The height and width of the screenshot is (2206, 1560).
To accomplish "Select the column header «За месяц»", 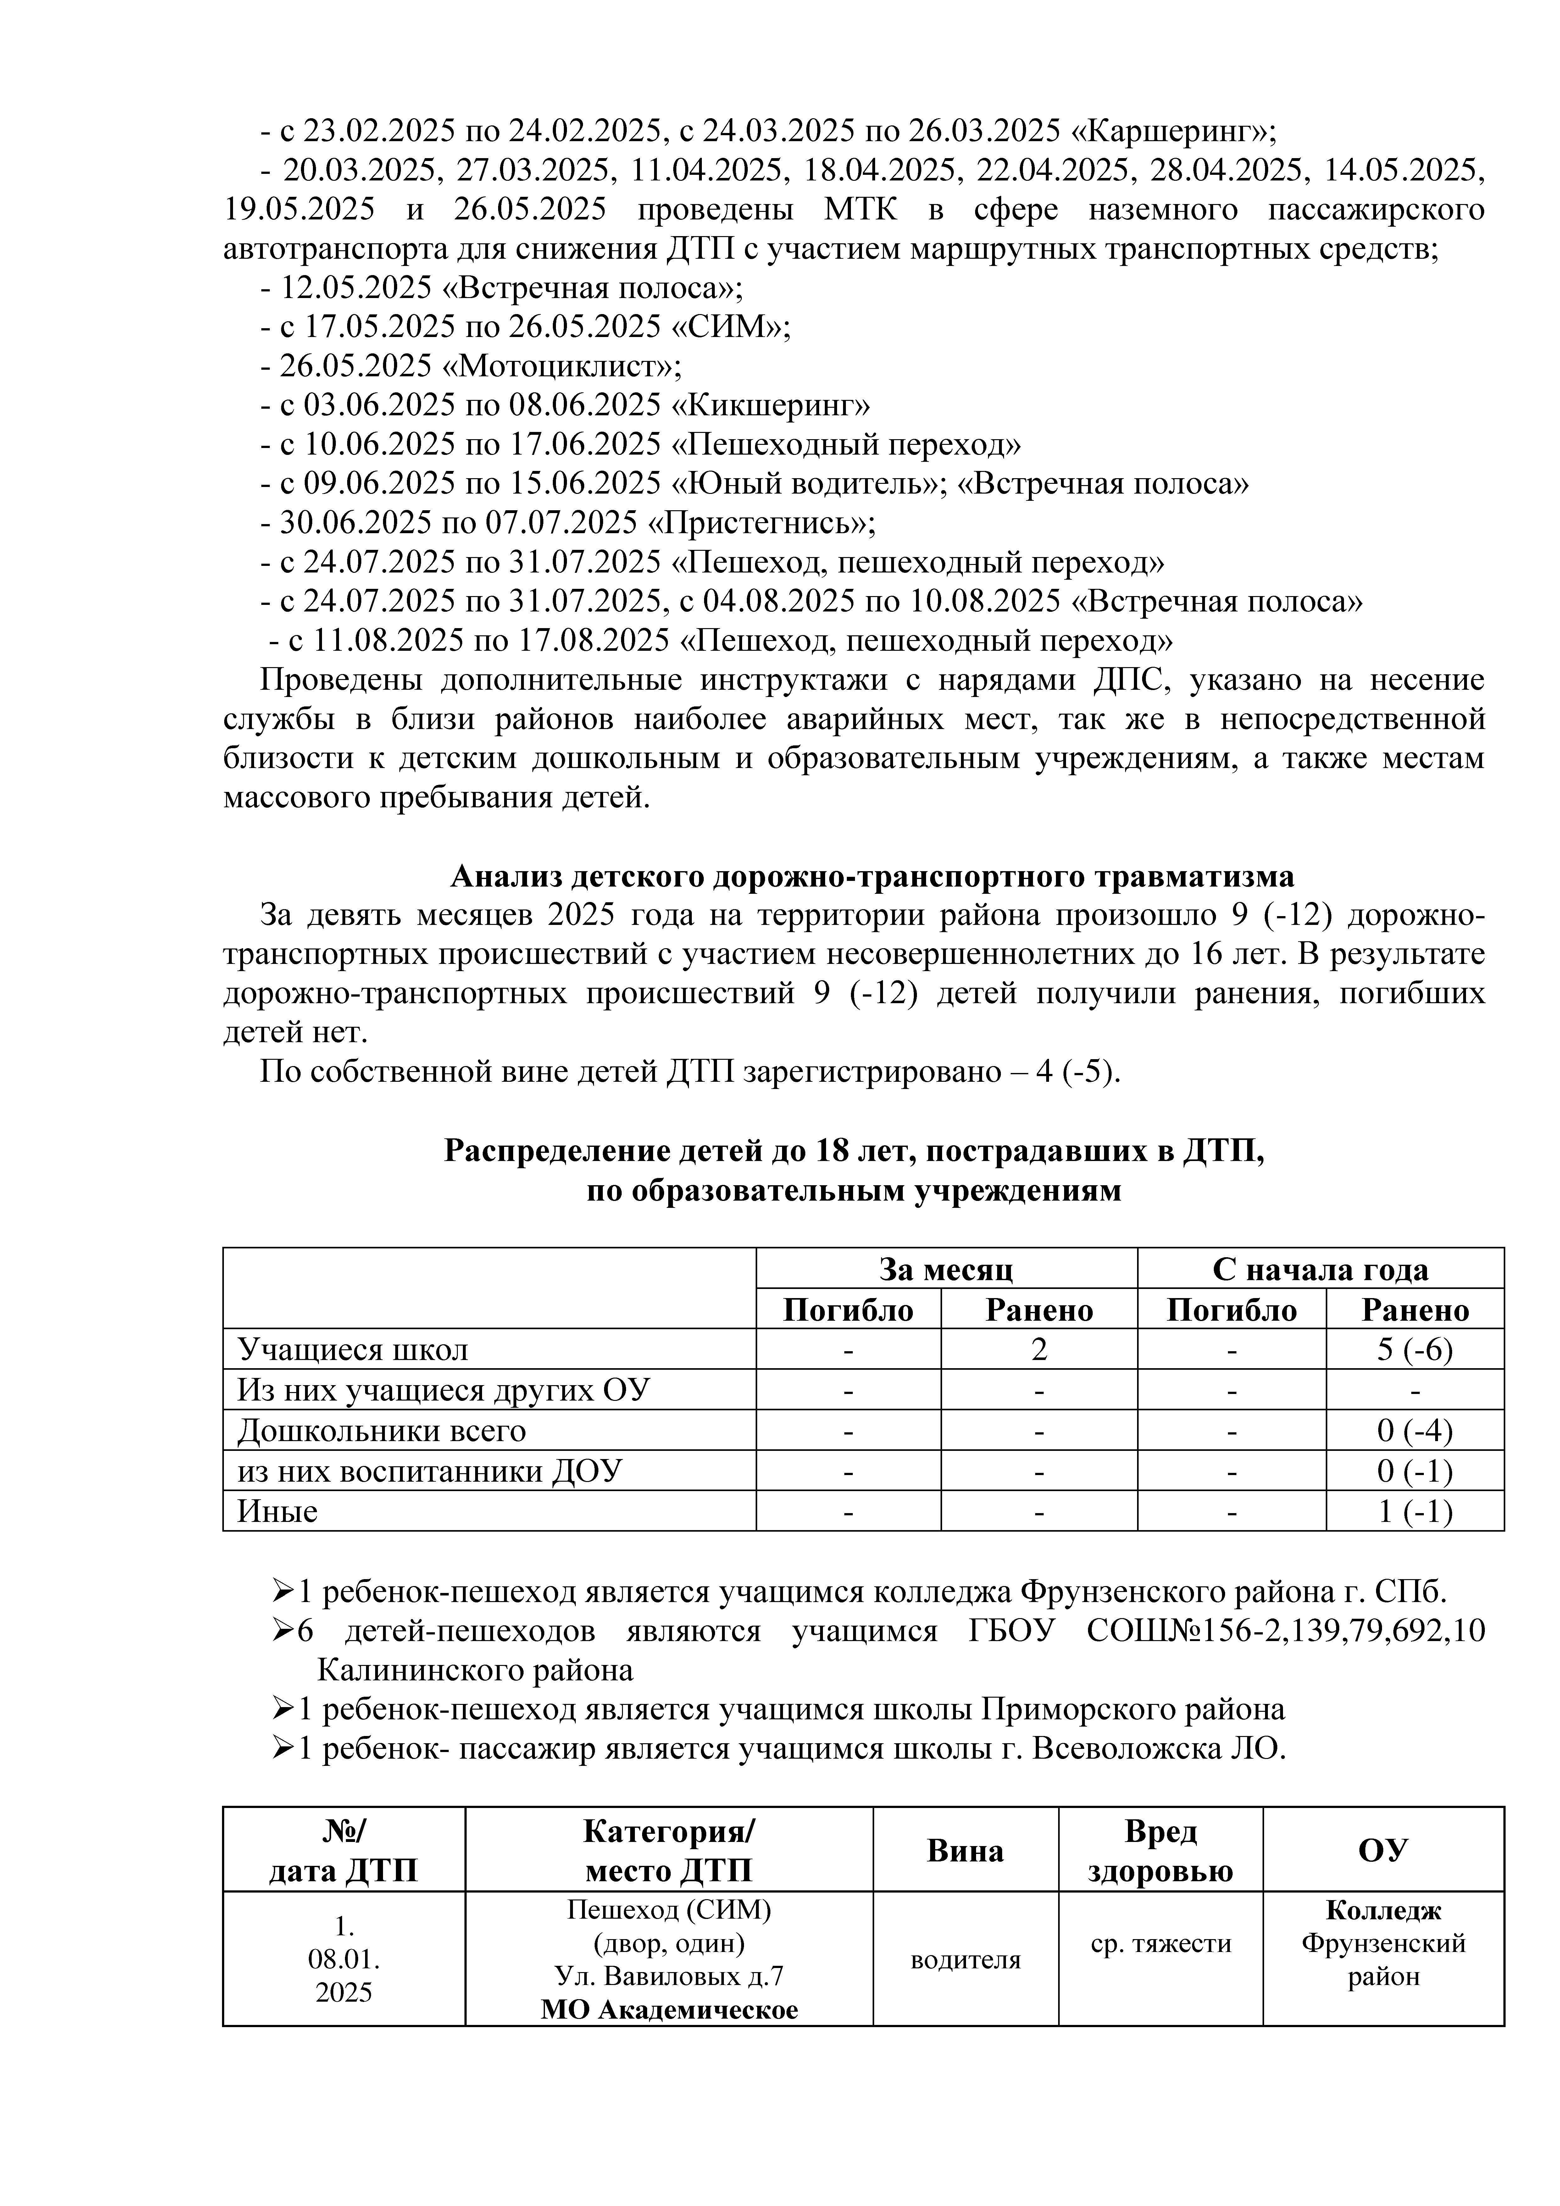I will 946,1269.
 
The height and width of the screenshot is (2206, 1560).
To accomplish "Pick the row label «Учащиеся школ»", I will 353,1349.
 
